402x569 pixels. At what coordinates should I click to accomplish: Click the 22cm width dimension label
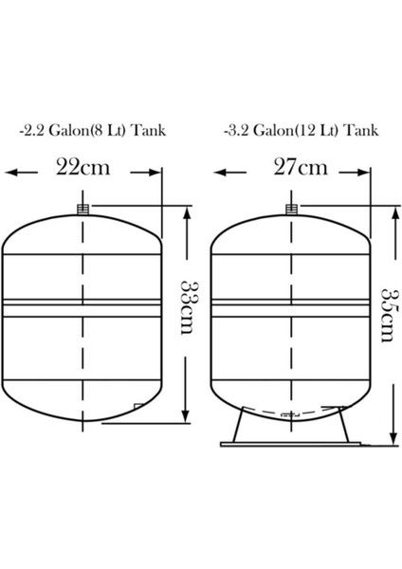[x=83, y=169]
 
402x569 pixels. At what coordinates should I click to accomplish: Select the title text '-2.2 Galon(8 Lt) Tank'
[x=93, y=130]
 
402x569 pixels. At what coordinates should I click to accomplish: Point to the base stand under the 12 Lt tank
[x=290, y=431]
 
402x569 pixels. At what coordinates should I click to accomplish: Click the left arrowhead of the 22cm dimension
[x=12, y=172]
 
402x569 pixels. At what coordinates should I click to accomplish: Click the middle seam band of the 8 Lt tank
[x=83, y=304]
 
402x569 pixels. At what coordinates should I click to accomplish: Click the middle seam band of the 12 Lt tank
[x=290, y=304]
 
